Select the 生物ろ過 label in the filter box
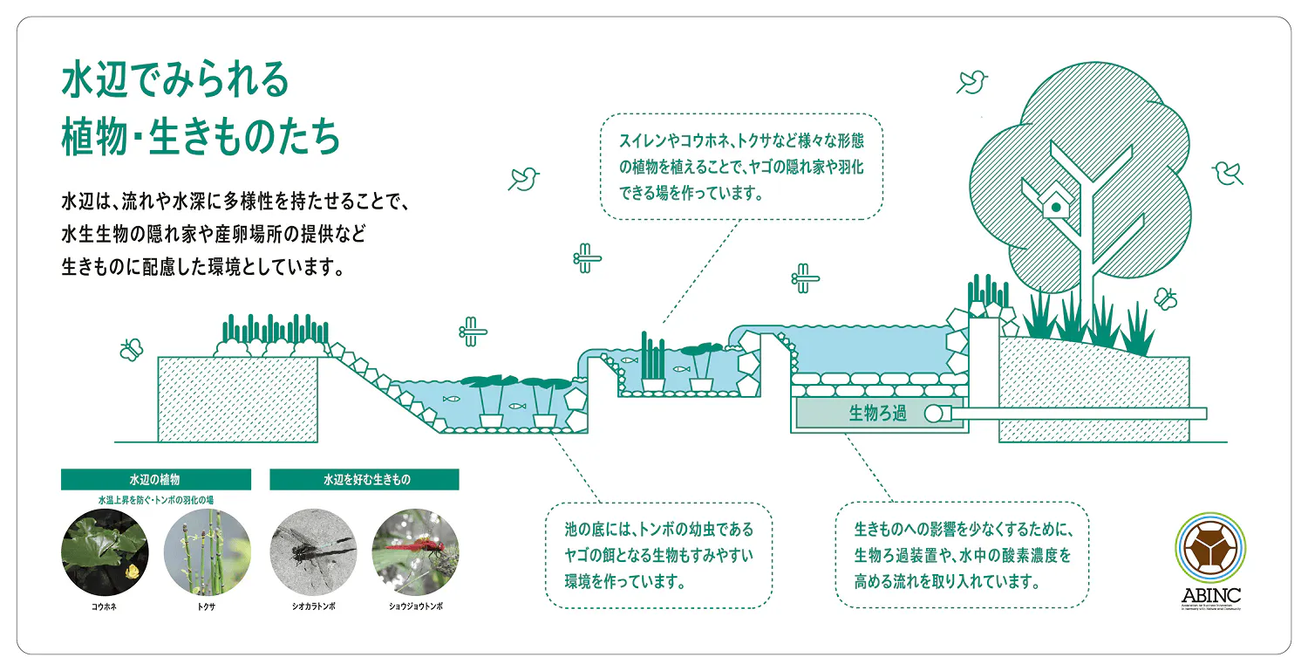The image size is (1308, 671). (x=877, y=414)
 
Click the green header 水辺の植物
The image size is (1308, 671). (x=156, y=480)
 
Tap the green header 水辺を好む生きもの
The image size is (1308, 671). (x=364, y=480)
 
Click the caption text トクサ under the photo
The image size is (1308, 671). (x=207, y=606)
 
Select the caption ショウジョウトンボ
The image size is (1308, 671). (x=415, y=606)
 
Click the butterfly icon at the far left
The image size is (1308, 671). (x=131, y=349)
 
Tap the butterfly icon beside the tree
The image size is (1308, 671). (x=1165, y=298)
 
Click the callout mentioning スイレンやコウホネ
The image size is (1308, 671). (x=741, y=166)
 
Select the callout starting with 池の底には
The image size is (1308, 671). (x=658, y=555)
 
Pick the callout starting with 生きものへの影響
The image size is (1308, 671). (x=961, y=555)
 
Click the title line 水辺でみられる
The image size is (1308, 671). (x=174, y=82)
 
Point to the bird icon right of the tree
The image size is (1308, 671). (x=1229, y=172)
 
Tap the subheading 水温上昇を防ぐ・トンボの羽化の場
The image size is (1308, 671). (x=156, y=500)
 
